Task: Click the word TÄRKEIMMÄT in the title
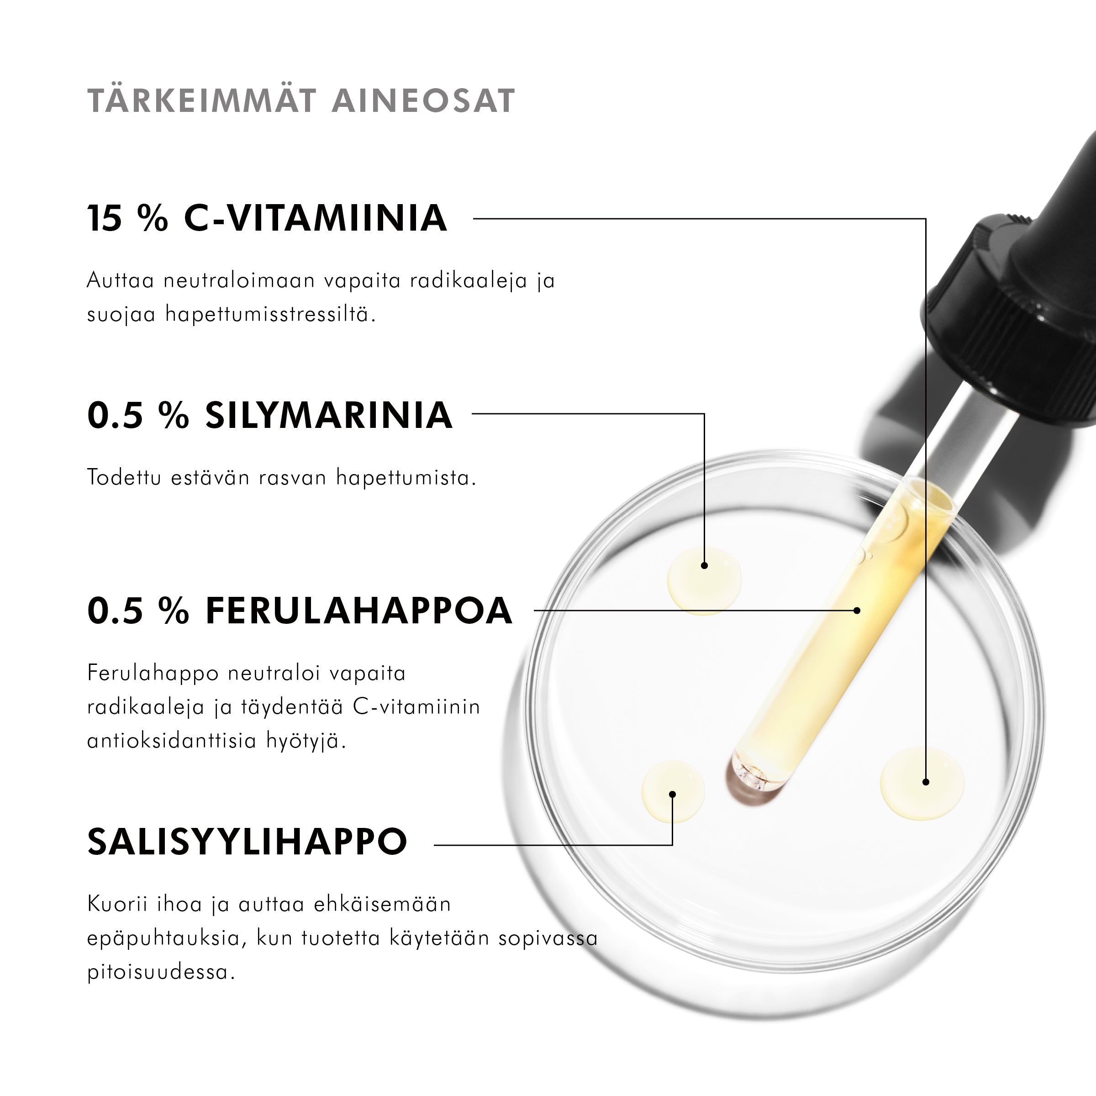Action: coord(201,101)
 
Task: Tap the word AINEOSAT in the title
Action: coord(423,101)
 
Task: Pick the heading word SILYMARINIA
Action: coord(328,415)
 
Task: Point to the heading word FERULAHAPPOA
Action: coord(358,611)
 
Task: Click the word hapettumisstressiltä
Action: coord(271,314)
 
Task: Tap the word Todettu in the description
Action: coord(124,478)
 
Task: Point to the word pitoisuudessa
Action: coord(161,972)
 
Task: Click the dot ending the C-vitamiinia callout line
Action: coord(926,782)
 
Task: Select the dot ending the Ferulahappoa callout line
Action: coord(857,611)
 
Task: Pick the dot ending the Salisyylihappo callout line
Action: coord(672,794)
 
